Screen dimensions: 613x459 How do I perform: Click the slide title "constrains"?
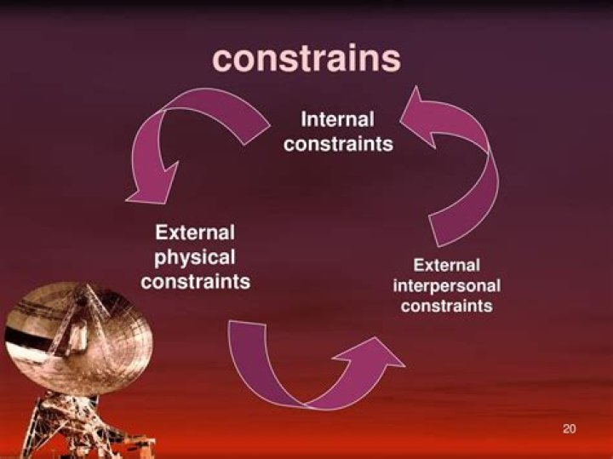306,59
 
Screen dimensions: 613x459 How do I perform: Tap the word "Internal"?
337,119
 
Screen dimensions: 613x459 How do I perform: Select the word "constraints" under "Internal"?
339,144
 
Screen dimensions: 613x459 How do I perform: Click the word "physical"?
195,258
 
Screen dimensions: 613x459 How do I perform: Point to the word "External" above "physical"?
195,232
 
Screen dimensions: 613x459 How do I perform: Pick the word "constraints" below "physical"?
196,282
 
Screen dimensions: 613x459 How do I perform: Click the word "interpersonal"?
447,286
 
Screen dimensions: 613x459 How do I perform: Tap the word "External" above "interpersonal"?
446,265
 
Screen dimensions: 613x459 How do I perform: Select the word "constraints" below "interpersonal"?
446,306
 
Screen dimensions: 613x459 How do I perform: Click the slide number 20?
570,429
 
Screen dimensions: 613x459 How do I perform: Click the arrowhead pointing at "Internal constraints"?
417,117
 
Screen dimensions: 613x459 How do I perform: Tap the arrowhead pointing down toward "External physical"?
152,183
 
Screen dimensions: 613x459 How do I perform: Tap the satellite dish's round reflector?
78,337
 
